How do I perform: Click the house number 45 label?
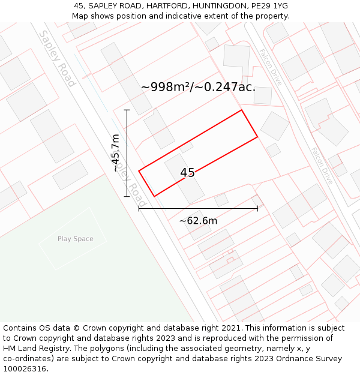(x=187, y=173)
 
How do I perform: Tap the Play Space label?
(x=76, y=239)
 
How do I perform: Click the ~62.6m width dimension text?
(x=198, y=221)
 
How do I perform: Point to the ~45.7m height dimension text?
(x=116, y=153)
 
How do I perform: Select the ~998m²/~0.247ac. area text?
(x=198, y=87)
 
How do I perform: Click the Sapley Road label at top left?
(x=57, y=59)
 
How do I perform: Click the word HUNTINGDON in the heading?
(x=218, y=5)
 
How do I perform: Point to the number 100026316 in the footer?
(x=23, y=369)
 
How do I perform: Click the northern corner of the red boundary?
(x=241, y=110)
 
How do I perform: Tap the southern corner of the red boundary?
(x=154, y=196)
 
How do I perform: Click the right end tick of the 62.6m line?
(x=257, y=208)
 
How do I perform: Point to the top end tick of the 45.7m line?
(x=127, y=110)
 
